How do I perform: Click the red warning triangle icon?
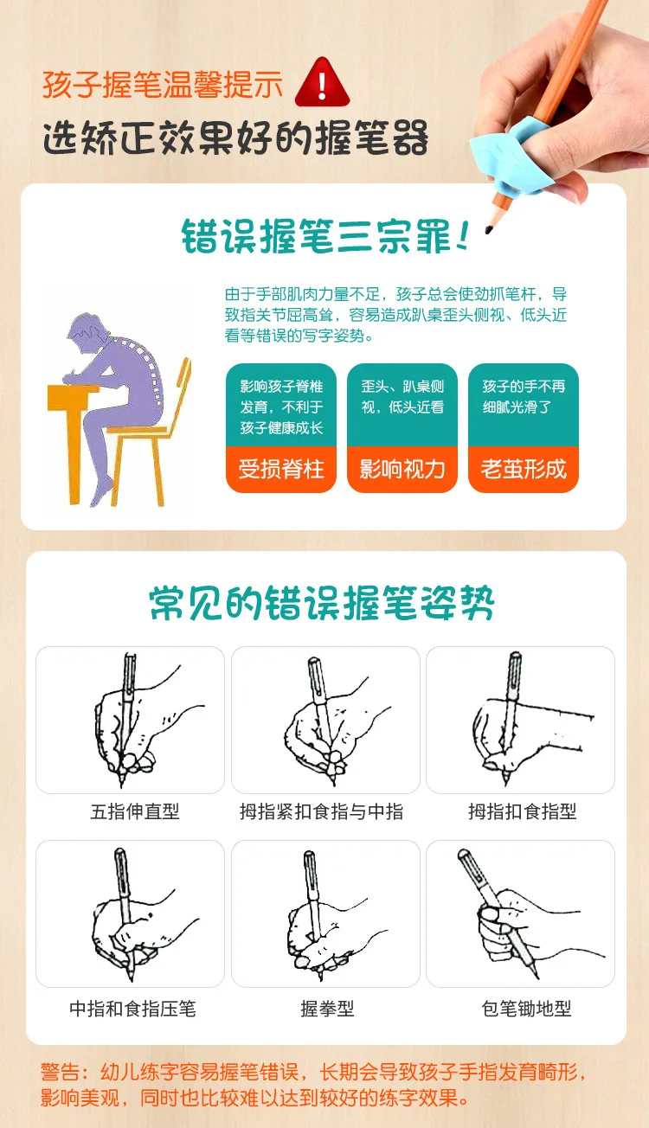click(x=321, y=83)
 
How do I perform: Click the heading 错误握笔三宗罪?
click(x=324, y=235)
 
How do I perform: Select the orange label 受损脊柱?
click(x=281, y=469)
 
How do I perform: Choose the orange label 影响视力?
click(x=402, y=469)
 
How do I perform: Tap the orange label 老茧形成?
click(x=524, y=469)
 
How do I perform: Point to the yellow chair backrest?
click(x=180, y=389)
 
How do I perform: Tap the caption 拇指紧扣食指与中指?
click(x=322, y=811)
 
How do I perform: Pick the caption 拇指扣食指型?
click(x=522, y=811)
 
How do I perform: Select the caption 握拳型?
click(x=327, y=1009)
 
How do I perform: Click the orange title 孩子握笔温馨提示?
click(x=163, y=85)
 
